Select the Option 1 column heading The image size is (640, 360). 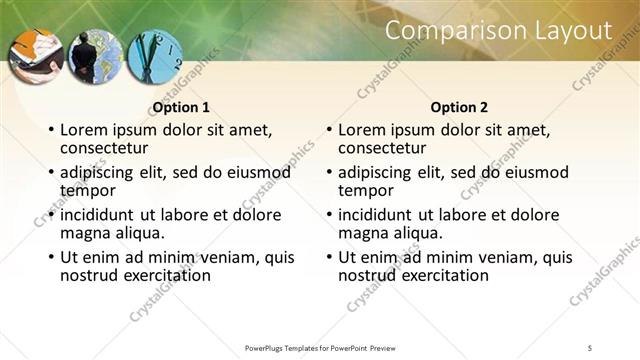181,107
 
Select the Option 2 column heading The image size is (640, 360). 459,107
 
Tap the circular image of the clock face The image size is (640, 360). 155,57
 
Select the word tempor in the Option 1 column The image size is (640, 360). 88,190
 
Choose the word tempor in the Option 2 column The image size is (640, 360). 366,190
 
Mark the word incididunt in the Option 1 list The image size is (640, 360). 100,215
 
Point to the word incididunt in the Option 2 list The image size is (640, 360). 378,215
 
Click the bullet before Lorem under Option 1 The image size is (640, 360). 51,131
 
